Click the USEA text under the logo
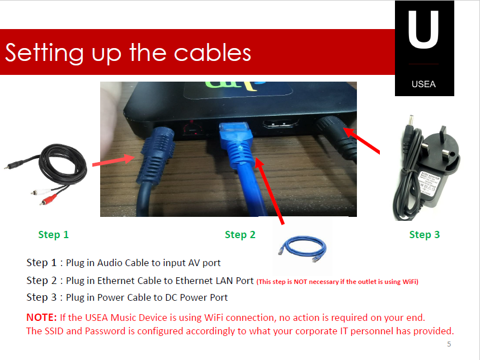pyautogui.click(x=423, y=84)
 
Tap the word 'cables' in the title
pyautogui.click(x=213, y=53)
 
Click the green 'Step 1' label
pyautogui.click(x=53, y=235)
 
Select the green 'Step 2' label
pyautogui.click(x=240, y=235)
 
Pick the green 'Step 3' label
pyautogui.click(x=424, y=235)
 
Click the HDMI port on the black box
pyautogui.click(x=280, y=125)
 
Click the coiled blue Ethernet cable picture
pyautogui.click(x=303, y=248)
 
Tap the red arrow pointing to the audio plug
pyautogui.click(x=114, y=160)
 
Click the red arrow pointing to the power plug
pyautogui.click(x=361, y=140)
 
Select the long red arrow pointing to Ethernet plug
pyautogui.click(x=270, y=191)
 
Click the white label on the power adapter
pyautogui.click(x=430, y=183)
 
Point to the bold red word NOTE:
pyautogui.click(x=41, y=318)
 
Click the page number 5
pyautogui.click(x=449, y=344)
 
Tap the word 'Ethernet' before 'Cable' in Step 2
pyautogui.click(x=116, y=281)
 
